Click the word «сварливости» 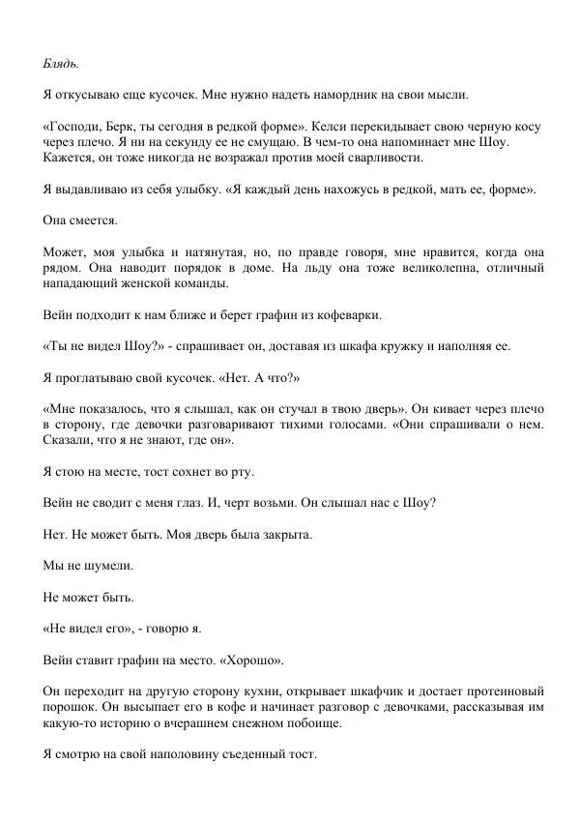pyautogui.click(x=383, y=158)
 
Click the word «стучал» pyautogui.click(x=359, y=409)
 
